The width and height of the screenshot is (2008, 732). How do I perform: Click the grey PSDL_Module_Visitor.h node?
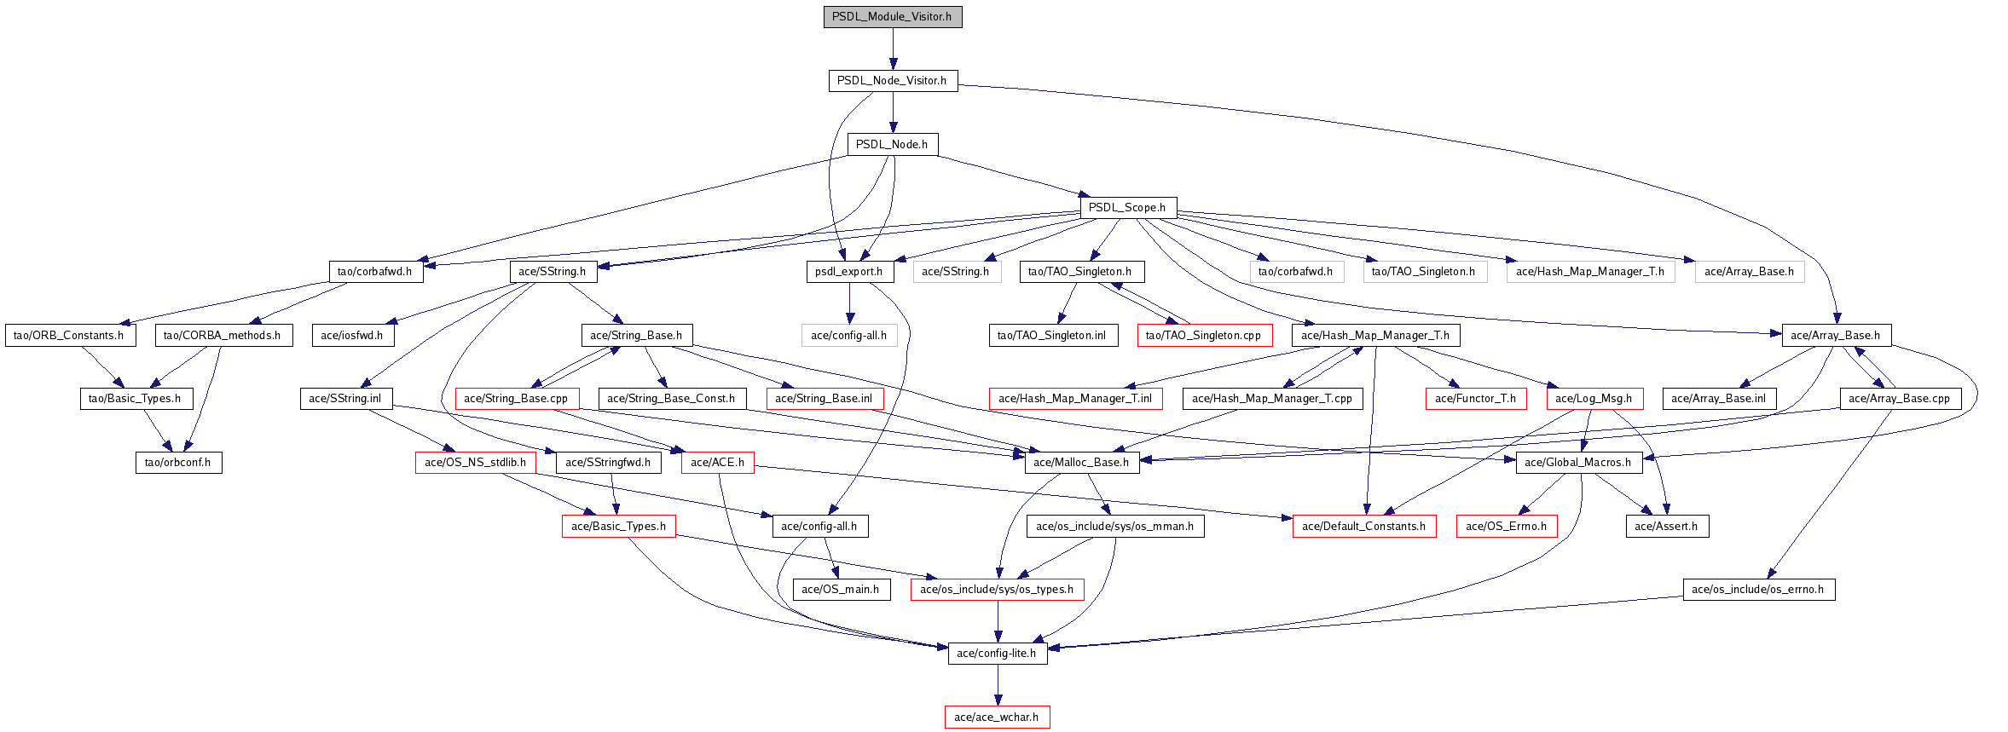[892, 17]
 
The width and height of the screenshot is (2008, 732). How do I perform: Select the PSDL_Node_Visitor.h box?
[892, 81]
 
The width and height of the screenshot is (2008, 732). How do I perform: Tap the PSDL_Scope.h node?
[1127, 208]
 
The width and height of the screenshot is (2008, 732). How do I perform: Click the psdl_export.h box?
[849, 272]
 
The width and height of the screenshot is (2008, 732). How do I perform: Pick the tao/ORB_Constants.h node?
[69, 336]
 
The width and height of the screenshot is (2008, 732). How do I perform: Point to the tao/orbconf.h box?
[178, 463]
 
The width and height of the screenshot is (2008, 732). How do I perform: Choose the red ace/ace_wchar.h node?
[997, 718]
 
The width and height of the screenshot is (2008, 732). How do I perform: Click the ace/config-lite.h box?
[997, 654]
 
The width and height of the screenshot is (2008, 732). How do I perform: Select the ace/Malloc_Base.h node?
[1081, 463]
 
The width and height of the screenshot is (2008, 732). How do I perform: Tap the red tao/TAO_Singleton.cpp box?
[1204, 336]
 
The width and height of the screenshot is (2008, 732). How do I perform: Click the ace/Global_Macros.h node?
[1578, 463]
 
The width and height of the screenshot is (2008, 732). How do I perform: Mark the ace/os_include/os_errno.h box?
[1758, 590]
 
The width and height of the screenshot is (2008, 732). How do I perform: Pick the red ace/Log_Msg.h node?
[1594, 399]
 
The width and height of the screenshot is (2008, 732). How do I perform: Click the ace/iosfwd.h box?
[352, 336]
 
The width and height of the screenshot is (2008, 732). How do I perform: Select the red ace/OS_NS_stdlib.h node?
[476, 463]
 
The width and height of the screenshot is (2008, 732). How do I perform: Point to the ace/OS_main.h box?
[841, 590]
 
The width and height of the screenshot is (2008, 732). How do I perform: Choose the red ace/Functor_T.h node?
[1476, 399]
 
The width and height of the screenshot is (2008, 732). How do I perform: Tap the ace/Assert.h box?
[1666, 527]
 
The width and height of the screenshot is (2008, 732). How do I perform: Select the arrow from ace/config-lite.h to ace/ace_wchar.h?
[998, 685]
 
